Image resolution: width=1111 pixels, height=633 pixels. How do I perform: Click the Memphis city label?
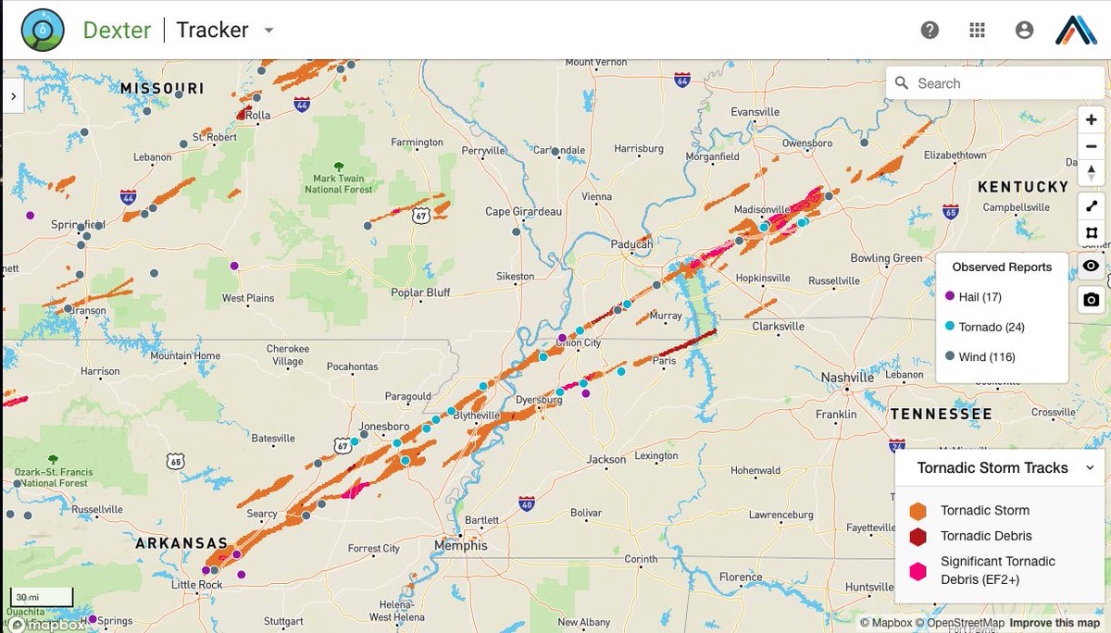(x=460, y=545)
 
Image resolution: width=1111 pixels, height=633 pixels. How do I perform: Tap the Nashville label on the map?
(x=847, y=378)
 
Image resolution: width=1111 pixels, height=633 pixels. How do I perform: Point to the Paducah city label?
(x=632, y=244)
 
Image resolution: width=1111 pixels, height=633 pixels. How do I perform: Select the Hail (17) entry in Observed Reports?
(x=980, y=297)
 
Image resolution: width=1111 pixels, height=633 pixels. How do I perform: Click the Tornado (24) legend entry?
(x=991, y=327)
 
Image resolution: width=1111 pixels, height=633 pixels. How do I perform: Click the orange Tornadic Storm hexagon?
(x=918, y=511)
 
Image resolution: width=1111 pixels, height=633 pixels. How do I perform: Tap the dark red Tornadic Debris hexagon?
(x=918, y=537)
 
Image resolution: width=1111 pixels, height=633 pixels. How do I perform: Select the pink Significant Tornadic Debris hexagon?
(x=918, y=570)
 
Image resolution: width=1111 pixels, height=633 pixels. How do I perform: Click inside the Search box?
(x=1005, y=83)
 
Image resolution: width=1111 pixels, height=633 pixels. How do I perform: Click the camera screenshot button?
(x=1092, y=300)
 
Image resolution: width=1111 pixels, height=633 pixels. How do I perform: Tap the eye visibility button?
(x=1092, y=267)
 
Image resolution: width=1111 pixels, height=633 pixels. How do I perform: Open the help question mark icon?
(x=930, y=31)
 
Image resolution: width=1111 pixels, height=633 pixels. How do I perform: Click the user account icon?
(x=1024, y=31)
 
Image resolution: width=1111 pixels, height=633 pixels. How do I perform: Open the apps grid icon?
(x=977, y=31)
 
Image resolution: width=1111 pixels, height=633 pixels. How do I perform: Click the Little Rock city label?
(x=197, y=585)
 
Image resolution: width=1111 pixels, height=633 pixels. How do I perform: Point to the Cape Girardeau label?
(x=523, y=212)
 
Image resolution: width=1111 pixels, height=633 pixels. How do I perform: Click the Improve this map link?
(x=1055, y=623)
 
